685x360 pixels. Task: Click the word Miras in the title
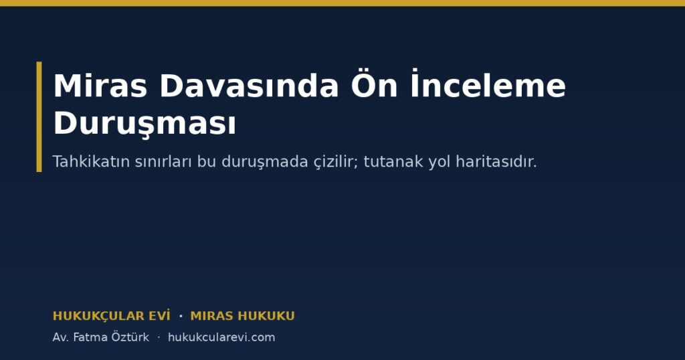click(100, 86)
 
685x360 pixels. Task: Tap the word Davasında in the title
click(249, 86)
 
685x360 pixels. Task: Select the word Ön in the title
click(374, 84)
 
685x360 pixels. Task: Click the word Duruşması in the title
click(144, 124)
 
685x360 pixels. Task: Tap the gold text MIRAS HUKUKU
click(242, 316)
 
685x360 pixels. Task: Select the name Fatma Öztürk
click(111, 337)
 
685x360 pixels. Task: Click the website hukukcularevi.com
click(221, 337)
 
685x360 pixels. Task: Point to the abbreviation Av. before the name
click(61, 337)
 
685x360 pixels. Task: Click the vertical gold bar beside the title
click(39, 116)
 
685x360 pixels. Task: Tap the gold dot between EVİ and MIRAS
click(181, 316)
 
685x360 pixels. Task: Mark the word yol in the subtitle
click(439, 162)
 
